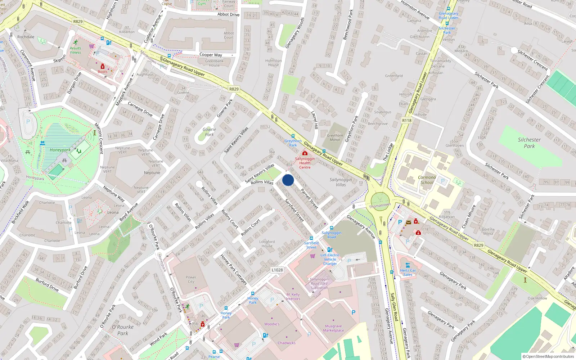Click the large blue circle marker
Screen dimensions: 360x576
pyautogui.click(x=288, y=180)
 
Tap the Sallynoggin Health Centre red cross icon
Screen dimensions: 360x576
pyautogui.click(x=305, y=153)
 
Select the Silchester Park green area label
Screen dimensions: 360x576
pyautogui.click(x=529, y=143)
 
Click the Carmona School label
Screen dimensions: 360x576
pyautogui.click(x=427, y=180)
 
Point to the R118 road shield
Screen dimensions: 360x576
pyautogui.click(x=406, y=121)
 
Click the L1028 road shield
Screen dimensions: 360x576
pyautogui.click(x=277, y=270)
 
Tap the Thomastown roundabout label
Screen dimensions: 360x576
pyautogui.click(x=380, y=206)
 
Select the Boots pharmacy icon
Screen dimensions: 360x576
pyautogui.click(x=103, y=67)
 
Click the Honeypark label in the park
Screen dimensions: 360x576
pyautogui.click(x=60, y=150)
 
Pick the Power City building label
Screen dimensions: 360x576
pyautogui.click(x=191, y=279)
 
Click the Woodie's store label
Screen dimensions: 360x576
pyautogui.click(x=272, y=324)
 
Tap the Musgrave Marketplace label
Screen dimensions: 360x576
pyautogui.click(x=333, y=328)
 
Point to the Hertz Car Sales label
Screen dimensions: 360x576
pyautogui.click(x=408, y=272)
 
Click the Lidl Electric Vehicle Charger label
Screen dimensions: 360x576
pyautogui.click(x=330, y=259)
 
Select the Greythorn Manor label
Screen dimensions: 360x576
pyautogui.click(x=335, y=138)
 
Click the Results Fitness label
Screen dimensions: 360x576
pyautogui.click(x=75, y=50)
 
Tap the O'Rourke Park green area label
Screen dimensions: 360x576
pyautogui.click(x=123, y=330)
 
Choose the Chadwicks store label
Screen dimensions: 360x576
pyautogui.click(x=287, y=343)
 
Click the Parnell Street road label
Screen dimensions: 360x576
pyautogui.click(x=309, y=199)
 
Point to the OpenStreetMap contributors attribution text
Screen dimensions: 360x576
pyautogui.click(x=548, y=356)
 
